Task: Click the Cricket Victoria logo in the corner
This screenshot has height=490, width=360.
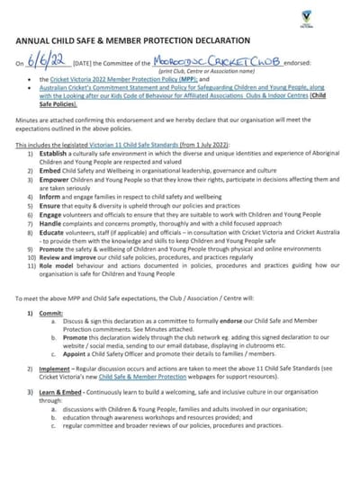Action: [x=332, y=17]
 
